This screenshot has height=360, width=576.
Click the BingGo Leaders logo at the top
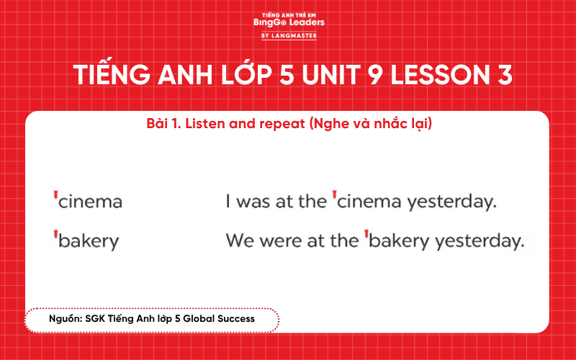[289, 22]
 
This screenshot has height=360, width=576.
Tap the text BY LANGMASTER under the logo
[289, 35]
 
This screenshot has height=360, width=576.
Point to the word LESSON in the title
[453, 76]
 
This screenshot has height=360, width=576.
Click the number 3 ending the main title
[505, 76]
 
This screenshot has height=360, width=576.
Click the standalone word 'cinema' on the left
[90, 202]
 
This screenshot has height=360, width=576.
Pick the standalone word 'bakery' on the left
[88, 241]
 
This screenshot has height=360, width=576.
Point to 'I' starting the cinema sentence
[228, 202]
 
